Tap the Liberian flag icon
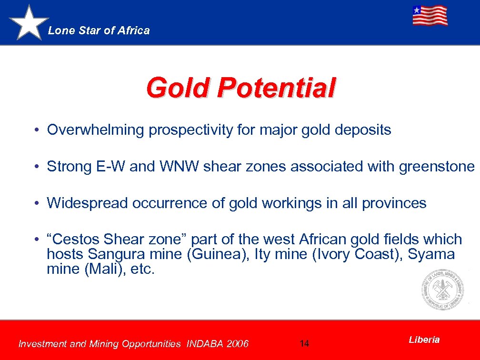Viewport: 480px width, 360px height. point(430,16)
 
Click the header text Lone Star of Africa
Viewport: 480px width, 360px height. point(99,30)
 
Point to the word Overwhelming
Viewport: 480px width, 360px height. point(95,130)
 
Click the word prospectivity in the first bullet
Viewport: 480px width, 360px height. point(191,130)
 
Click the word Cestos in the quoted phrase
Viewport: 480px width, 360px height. point(78,239)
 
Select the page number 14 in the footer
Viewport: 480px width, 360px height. point(305,343)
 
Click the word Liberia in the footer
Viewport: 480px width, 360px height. point(424,340)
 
